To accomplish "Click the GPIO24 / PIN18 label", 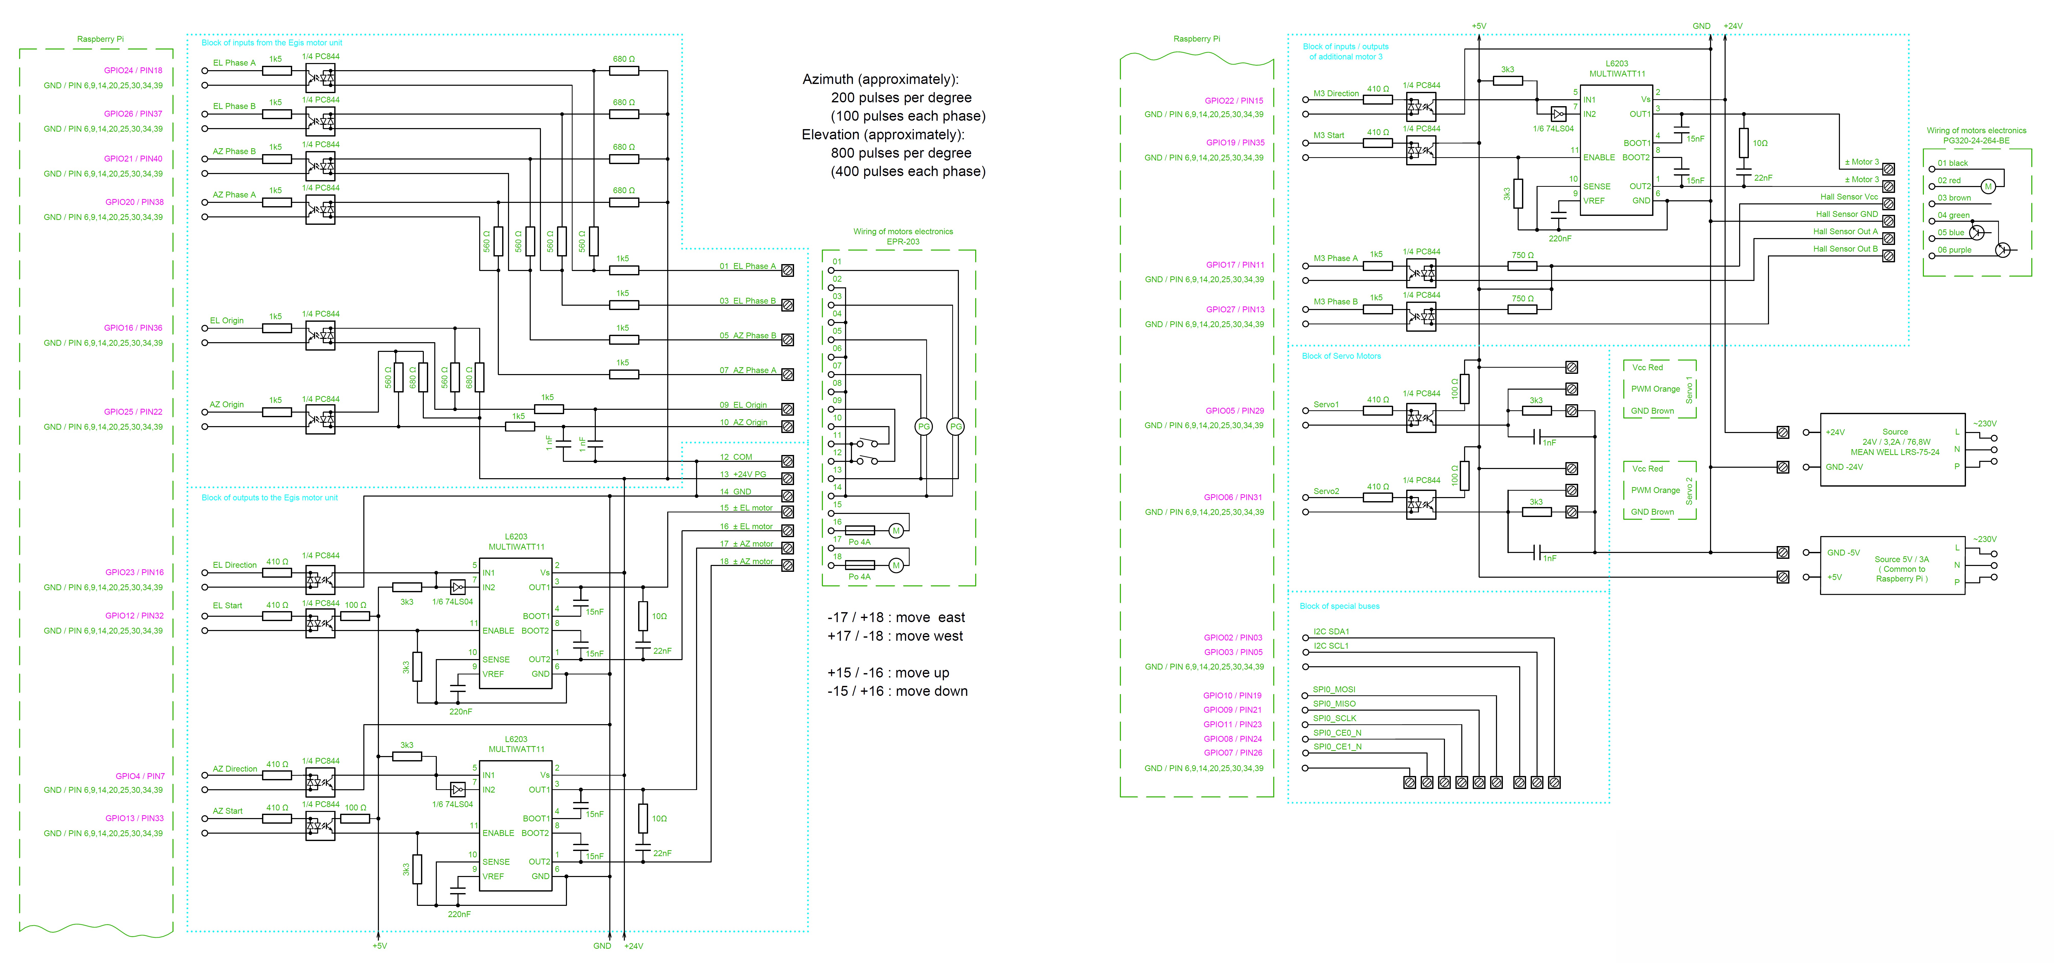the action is (x=133, y=70).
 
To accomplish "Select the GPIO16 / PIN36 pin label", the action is (x=133, y=328).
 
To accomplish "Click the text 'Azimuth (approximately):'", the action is (x=880, y=80).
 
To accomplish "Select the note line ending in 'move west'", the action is (x=895, y=636).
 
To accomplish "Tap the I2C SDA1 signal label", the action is (x=1332, y=631).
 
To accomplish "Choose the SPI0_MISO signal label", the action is (x=1335, y=704).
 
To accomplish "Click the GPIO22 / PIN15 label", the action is (x=1234, y=101).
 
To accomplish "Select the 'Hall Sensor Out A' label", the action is (x=1845, y=232).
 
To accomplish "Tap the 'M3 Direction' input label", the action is (x=1337, y=94).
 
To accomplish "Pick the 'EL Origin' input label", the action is (x=227, y=320).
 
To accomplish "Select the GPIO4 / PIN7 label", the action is (x=140, y=776).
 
